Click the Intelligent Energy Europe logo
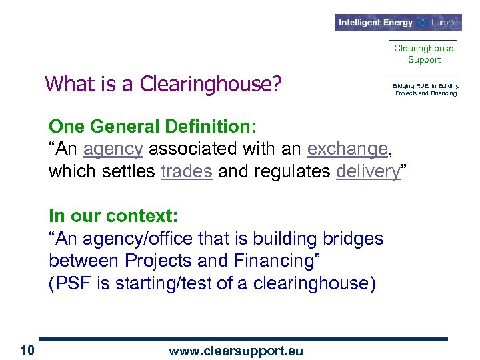tap(398, 22)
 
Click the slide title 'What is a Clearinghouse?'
tap(163, 85)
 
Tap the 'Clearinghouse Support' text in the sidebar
tap(423, 54)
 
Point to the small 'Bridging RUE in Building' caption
tap(426, 86)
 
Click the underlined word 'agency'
tap(113, 149)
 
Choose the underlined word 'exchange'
tap(347, 149)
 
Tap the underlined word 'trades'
tap(187, 171)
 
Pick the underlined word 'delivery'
tap(367, 171)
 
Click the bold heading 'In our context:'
tap(113, 216)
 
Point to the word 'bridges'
tap(353, 238)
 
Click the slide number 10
tap(27, 350)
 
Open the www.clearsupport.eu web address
tap(237, 350)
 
